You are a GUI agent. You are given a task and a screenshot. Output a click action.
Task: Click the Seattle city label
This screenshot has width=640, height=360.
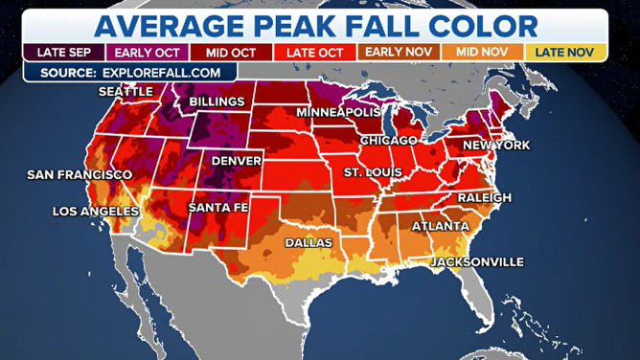point(126,91)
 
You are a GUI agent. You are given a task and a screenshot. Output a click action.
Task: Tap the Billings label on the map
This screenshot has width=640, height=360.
point(218,101)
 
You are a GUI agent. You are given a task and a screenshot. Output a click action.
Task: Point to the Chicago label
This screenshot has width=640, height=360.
point(388,141)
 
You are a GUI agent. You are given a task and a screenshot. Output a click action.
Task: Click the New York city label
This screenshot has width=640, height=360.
point(496,145)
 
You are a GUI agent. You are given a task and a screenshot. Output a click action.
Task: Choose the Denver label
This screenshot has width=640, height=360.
point(236,161)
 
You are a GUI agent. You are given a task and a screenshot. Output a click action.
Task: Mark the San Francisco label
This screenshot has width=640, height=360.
point(79,175)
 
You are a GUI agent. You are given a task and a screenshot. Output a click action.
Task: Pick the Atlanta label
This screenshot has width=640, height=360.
point(441,227)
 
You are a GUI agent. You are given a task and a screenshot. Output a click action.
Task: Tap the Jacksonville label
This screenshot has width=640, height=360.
point(477,261)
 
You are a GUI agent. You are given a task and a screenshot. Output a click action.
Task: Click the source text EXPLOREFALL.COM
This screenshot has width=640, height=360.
point(155,71)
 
